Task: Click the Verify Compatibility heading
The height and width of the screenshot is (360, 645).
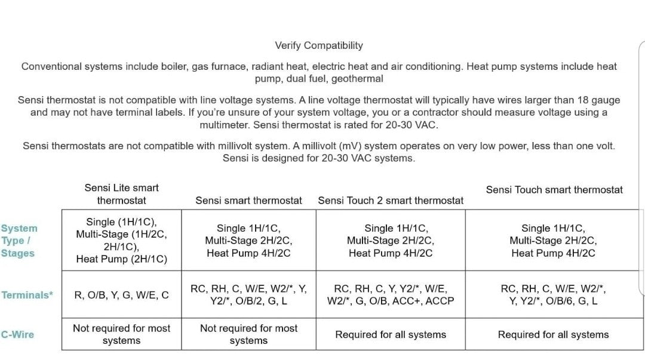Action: click(318, 45)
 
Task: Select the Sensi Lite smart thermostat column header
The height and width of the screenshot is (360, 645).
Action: click(121, 194)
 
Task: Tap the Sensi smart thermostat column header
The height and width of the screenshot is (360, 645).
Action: click(248, 201)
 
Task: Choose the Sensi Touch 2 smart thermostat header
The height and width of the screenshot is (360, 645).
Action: click(391, 201)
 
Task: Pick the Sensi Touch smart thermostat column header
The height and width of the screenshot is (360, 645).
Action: click(554, 190)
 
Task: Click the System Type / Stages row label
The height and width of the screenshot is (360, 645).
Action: click(19, 241)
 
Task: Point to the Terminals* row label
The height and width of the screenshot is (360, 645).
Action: click(27, 295)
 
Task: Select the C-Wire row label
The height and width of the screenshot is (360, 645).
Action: click(17, 334)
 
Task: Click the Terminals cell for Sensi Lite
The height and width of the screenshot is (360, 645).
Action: click(121, 295)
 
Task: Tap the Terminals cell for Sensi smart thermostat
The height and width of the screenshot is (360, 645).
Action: click(248, 295)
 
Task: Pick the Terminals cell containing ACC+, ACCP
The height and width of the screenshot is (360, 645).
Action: click(391, 295)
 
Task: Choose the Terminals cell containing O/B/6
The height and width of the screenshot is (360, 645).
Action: click(554, 295)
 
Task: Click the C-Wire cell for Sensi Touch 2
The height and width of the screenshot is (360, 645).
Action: click(391, 334)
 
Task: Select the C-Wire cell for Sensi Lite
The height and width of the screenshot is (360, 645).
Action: click(121, 334)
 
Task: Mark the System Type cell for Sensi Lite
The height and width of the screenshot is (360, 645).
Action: click(121, 241)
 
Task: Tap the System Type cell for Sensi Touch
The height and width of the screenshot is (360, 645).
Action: click(554, 241)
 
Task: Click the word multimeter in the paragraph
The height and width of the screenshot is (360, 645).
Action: click(225, 125)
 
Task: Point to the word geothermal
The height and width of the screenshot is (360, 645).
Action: click(357, 79)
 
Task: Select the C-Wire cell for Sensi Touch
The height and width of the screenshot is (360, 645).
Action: click(554, 334)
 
